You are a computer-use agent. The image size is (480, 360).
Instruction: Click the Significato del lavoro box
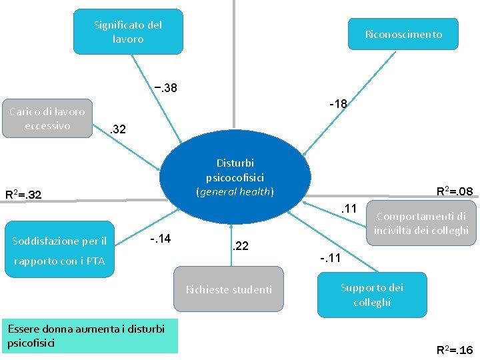128,31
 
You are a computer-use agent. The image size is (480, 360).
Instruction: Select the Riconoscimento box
403,34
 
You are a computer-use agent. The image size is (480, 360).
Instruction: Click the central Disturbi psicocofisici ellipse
235,177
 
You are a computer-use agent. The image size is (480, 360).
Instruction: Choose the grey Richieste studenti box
229,289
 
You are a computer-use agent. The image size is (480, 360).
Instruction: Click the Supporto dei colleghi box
372,295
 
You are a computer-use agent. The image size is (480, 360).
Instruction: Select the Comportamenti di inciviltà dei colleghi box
421,223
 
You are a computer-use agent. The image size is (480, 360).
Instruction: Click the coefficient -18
338,103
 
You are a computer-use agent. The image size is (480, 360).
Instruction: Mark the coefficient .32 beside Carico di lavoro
117,129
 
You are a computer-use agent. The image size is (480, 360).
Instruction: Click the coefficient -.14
161,238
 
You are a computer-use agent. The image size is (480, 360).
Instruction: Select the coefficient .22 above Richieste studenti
239,247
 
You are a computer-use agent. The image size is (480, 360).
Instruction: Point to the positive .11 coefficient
350,209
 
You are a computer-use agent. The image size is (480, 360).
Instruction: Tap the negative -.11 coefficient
330,258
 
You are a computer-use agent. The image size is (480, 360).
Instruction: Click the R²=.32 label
23,195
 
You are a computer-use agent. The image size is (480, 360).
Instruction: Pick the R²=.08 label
454,192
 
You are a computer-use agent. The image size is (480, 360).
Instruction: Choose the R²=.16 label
454,349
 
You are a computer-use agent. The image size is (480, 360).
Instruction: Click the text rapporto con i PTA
59,261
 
